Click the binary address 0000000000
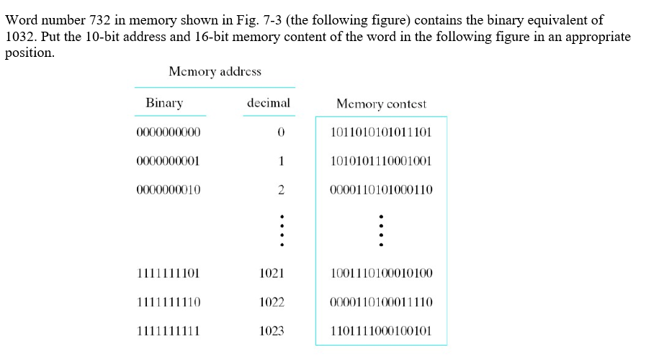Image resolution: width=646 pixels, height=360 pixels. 168,132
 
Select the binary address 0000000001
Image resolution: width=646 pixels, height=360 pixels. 168,161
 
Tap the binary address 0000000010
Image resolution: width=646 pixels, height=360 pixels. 168,190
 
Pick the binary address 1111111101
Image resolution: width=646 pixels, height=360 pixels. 168,274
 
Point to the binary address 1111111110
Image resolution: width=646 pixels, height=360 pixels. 168,302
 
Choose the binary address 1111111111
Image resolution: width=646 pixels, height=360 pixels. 168,331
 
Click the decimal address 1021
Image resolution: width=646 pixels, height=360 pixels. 272,274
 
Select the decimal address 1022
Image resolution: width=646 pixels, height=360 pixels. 272,302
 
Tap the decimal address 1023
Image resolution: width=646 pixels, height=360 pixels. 272,331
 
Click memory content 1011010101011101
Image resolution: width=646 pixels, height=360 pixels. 380,132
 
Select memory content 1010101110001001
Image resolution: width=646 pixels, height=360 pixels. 380,161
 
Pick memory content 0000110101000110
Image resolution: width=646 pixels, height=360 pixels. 380,190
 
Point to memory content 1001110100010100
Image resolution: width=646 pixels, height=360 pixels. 380,274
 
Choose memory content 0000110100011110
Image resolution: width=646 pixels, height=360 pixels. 380,302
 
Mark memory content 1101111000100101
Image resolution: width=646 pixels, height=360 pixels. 380,331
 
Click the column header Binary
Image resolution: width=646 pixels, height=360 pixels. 164,103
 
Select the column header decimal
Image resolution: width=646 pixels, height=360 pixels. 268,103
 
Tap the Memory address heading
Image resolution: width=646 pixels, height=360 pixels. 215,71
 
